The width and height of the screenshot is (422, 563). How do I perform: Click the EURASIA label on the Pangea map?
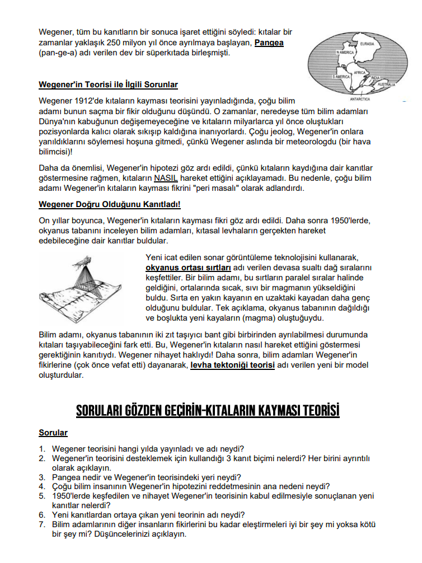tap(367, 44)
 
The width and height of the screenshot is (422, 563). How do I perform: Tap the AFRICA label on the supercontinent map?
tap(359, 73)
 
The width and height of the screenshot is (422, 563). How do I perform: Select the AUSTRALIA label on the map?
tap(387, 85)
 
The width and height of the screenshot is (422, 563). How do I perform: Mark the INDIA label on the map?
tap(376, 78)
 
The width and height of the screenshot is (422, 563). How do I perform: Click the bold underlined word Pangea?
tap(269, 43)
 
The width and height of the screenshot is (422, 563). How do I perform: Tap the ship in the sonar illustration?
tap(83, 260)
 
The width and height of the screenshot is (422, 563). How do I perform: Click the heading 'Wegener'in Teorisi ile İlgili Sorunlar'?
tap(108, 85)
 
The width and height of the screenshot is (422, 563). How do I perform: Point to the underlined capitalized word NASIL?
tap(166, 178)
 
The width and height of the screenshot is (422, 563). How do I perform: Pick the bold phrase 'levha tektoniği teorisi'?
tap(232, 364)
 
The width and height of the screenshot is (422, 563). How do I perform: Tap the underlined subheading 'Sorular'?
tap(53, 433)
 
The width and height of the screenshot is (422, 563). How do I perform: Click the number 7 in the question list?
tap(42, 524)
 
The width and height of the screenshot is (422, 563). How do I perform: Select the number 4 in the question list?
tap(42, 486)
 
